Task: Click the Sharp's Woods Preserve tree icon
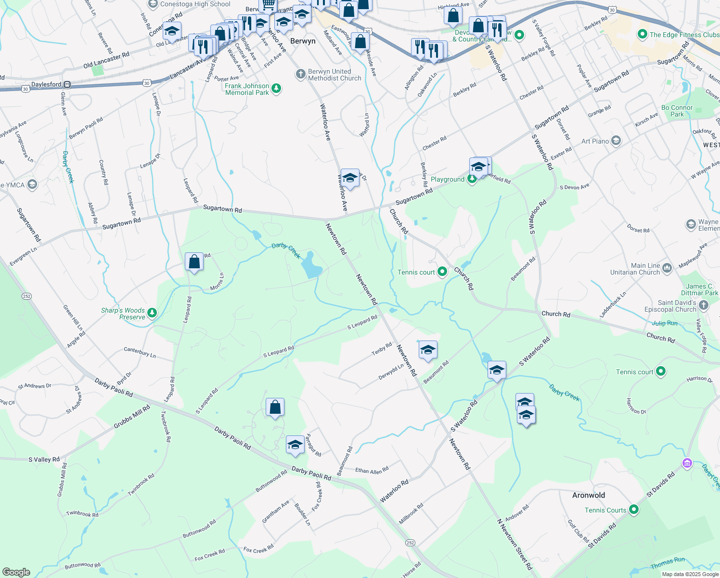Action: [152, 313]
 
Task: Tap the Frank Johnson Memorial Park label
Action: [247, 89]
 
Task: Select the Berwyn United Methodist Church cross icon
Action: [300, 74]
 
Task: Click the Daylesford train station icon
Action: [67, 84]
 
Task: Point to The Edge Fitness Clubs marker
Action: [642, 35]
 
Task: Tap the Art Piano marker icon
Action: [616, 141]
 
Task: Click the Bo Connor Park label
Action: [677, 111]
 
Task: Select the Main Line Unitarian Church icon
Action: [667, 268]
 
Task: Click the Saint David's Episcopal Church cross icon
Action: [704, 305]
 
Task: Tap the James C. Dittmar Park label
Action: [699, 289]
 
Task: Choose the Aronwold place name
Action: [589, 495]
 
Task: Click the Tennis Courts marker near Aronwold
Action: [634, 510]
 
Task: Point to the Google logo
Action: [16, 572]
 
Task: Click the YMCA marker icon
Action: [32, 185]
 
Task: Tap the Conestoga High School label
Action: [195, 4]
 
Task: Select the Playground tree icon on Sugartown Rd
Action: [472, 180]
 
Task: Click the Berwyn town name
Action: [303, 41]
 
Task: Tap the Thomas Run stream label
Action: [668, 563]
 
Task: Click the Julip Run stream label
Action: [665, 323]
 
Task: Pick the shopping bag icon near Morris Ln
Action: [194, 262]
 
